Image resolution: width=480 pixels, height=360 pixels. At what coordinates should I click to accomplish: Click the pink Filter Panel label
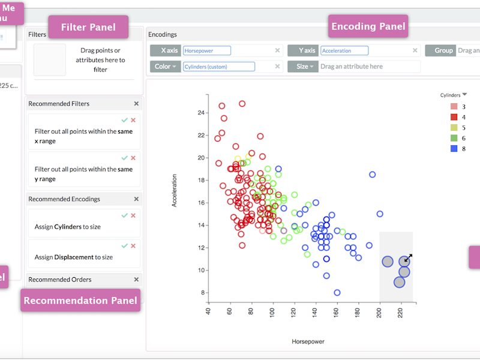pos(89,27)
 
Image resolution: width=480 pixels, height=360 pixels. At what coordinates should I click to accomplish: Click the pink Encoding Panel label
pos(368,26)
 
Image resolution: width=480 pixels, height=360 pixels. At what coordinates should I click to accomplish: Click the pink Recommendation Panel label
pos(80,301)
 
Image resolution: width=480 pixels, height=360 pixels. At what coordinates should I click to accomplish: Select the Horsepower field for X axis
pos(207,51)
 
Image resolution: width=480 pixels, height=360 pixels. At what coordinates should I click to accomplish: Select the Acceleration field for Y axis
pos(344,51)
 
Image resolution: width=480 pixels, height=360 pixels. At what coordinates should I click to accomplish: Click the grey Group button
pos(440,51)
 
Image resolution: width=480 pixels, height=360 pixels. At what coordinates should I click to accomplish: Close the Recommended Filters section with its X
pos(136,104)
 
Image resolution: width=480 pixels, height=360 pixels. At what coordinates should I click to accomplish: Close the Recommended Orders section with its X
pos(136,280)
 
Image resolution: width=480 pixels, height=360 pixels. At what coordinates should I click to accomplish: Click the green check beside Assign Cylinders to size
pos(124,215)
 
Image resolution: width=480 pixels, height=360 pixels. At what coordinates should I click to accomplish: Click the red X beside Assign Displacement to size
pos(133,245)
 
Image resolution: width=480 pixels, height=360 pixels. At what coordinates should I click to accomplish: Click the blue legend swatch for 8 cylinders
pos(454,148)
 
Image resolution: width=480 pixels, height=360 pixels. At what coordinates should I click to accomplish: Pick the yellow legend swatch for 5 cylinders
pos(454,128)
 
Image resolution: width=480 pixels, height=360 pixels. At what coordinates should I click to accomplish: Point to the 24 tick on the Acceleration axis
pos(202,112)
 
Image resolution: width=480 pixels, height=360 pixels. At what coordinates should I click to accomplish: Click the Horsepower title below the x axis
pos(308,341)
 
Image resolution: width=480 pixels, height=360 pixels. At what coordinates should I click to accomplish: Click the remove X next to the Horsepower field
pos(277,51)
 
